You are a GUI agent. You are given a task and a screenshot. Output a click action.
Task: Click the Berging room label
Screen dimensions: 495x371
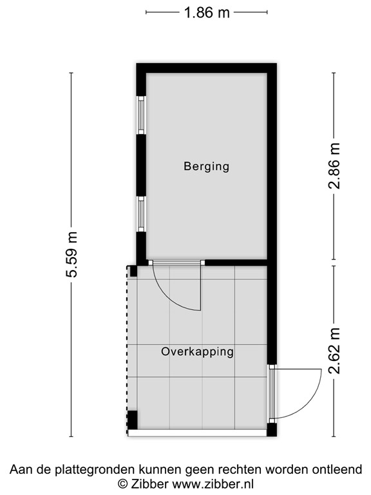pos(206,166)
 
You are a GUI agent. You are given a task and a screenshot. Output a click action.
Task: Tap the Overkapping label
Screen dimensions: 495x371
pos(197,352)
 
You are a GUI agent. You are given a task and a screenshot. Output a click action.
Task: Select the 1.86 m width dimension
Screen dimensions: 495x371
pos(206,12)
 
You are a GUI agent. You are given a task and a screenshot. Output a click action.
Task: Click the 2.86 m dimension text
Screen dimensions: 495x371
pos(334,166)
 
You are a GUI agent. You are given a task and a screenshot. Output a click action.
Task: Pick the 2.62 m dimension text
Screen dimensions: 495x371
pos(334,351)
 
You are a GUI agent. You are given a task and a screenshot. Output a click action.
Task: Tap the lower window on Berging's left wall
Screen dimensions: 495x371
pos(140,214)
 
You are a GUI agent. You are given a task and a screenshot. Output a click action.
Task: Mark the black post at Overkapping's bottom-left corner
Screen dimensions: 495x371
pos(132,420)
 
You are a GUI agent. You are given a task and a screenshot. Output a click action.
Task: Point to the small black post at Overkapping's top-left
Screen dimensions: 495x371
pos(133,271)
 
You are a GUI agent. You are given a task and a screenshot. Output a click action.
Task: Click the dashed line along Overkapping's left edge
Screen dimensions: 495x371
pos(128,348)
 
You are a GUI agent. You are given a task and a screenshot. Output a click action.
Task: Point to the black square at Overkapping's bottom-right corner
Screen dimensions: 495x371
pos(272,429)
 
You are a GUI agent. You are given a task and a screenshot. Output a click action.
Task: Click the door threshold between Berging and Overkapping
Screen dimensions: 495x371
pos(176,262)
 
